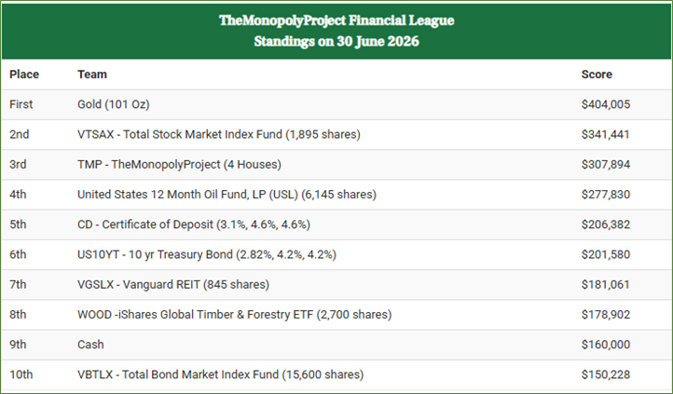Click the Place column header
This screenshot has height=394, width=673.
[x=24, y=75]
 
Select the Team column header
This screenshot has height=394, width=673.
[x=92, y=75]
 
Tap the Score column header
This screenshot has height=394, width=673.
[x=597, y=75]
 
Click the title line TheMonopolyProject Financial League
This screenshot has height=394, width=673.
[x=336, y=20]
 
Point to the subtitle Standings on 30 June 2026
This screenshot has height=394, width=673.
[x=336, y=41]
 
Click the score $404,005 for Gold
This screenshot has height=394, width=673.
[x=606, y=104]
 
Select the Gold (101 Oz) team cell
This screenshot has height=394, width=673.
[x=114, y=104]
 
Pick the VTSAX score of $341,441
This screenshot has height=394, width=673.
[x=605, y=134]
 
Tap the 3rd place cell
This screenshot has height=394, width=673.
[x=18, y=164]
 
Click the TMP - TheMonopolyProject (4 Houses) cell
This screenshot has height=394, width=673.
[x=179, y=164]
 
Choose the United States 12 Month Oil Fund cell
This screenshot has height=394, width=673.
[x=227, y=195]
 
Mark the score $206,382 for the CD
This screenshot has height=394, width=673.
[x=606, y=224]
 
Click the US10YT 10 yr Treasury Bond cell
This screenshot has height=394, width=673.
[x=206, y=254]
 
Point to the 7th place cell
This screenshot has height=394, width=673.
[x=18, y=284]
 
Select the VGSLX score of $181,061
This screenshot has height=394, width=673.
[x=605, y=284]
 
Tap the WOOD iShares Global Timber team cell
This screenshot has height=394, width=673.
[x=234, y=314]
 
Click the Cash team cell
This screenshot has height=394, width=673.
[x=90, y=345]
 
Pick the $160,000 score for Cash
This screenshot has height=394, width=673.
[x=606, y=345]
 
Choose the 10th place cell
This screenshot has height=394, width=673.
[x=21, y=374]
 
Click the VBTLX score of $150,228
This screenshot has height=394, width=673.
[x=606, y=374]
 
